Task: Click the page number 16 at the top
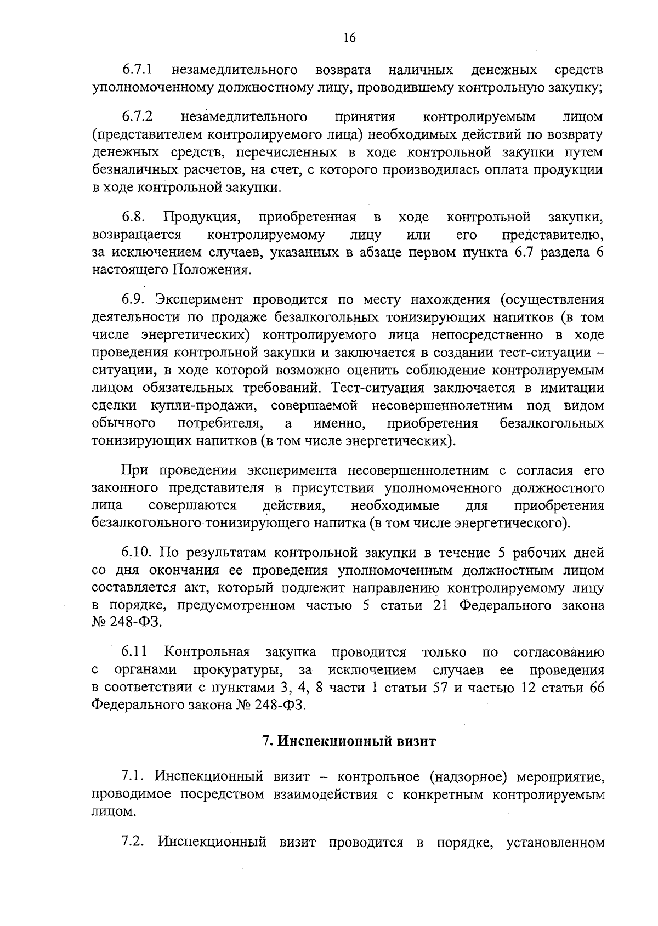[x=349, y=37]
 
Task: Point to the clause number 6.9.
[x=133, y=299]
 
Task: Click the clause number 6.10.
[x=137, y=552]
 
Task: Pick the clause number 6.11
[x=134, y=652]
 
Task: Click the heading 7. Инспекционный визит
[x=349, y=742]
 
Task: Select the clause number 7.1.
[x=133, y=776]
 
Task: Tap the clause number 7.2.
[x=133, y=857]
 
